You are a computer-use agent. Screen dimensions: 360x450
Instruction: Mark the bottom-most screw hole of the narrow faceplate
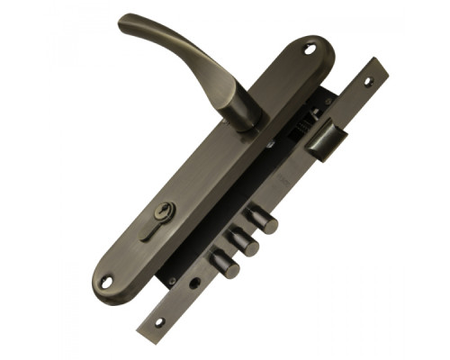[159, 321]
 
